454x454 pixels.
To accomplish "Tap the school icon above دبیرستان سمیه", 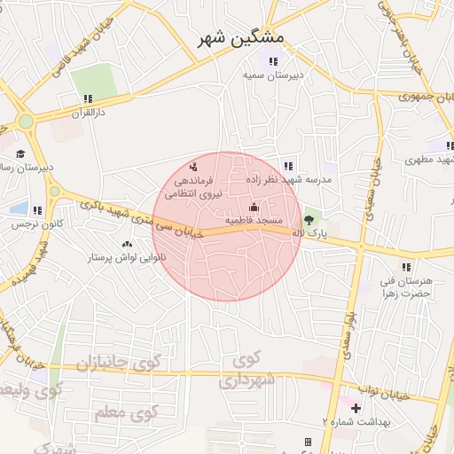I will point(274,61).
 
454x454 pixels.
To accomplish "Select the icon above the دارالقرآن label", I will point(87,98).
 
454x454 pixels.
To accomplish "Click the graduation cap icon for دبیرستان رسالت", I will point(20,153).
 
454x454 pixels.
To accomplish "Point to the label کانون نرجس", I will point(32,224).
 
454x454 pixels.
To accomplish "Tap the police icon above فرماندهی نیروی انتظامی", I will point(194,166).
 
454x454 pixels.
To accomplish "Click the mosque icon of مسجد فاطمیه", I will point(254,207).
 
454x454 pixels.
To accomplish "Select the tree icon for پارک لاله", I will point(308,219).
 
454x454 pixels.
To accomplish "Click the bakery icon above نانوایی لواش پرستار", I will point(126,244).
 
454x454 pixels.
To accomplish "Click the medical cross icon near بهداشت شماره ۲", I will point(356,409).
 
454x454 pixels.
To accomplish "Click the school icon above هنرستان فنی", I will point(405,266).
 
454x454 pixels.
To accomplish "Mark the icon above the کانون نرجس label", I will point(37,210).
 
